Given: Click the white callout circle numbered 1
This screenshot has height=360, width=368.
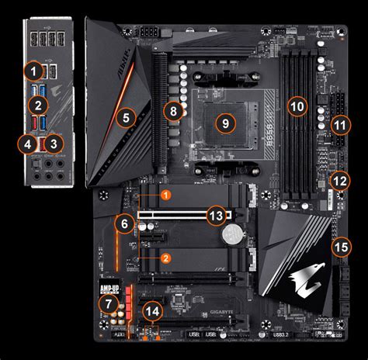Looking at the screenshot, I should (32, 71).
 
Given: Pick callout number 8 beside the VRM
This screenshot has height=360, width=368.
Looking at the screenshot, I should (175, 112).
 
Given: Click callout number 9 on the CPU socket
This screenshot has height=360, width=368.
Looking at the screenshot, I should (224, 122).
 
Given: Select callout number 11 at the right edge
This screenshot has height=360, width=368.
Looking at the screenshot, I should (338, 124).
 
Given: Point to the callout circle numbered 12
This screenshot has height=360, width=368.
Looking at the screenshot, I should (340, 180).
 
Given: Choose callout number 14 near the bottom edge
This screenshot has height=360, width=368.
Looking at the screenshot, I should (154, 312).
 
